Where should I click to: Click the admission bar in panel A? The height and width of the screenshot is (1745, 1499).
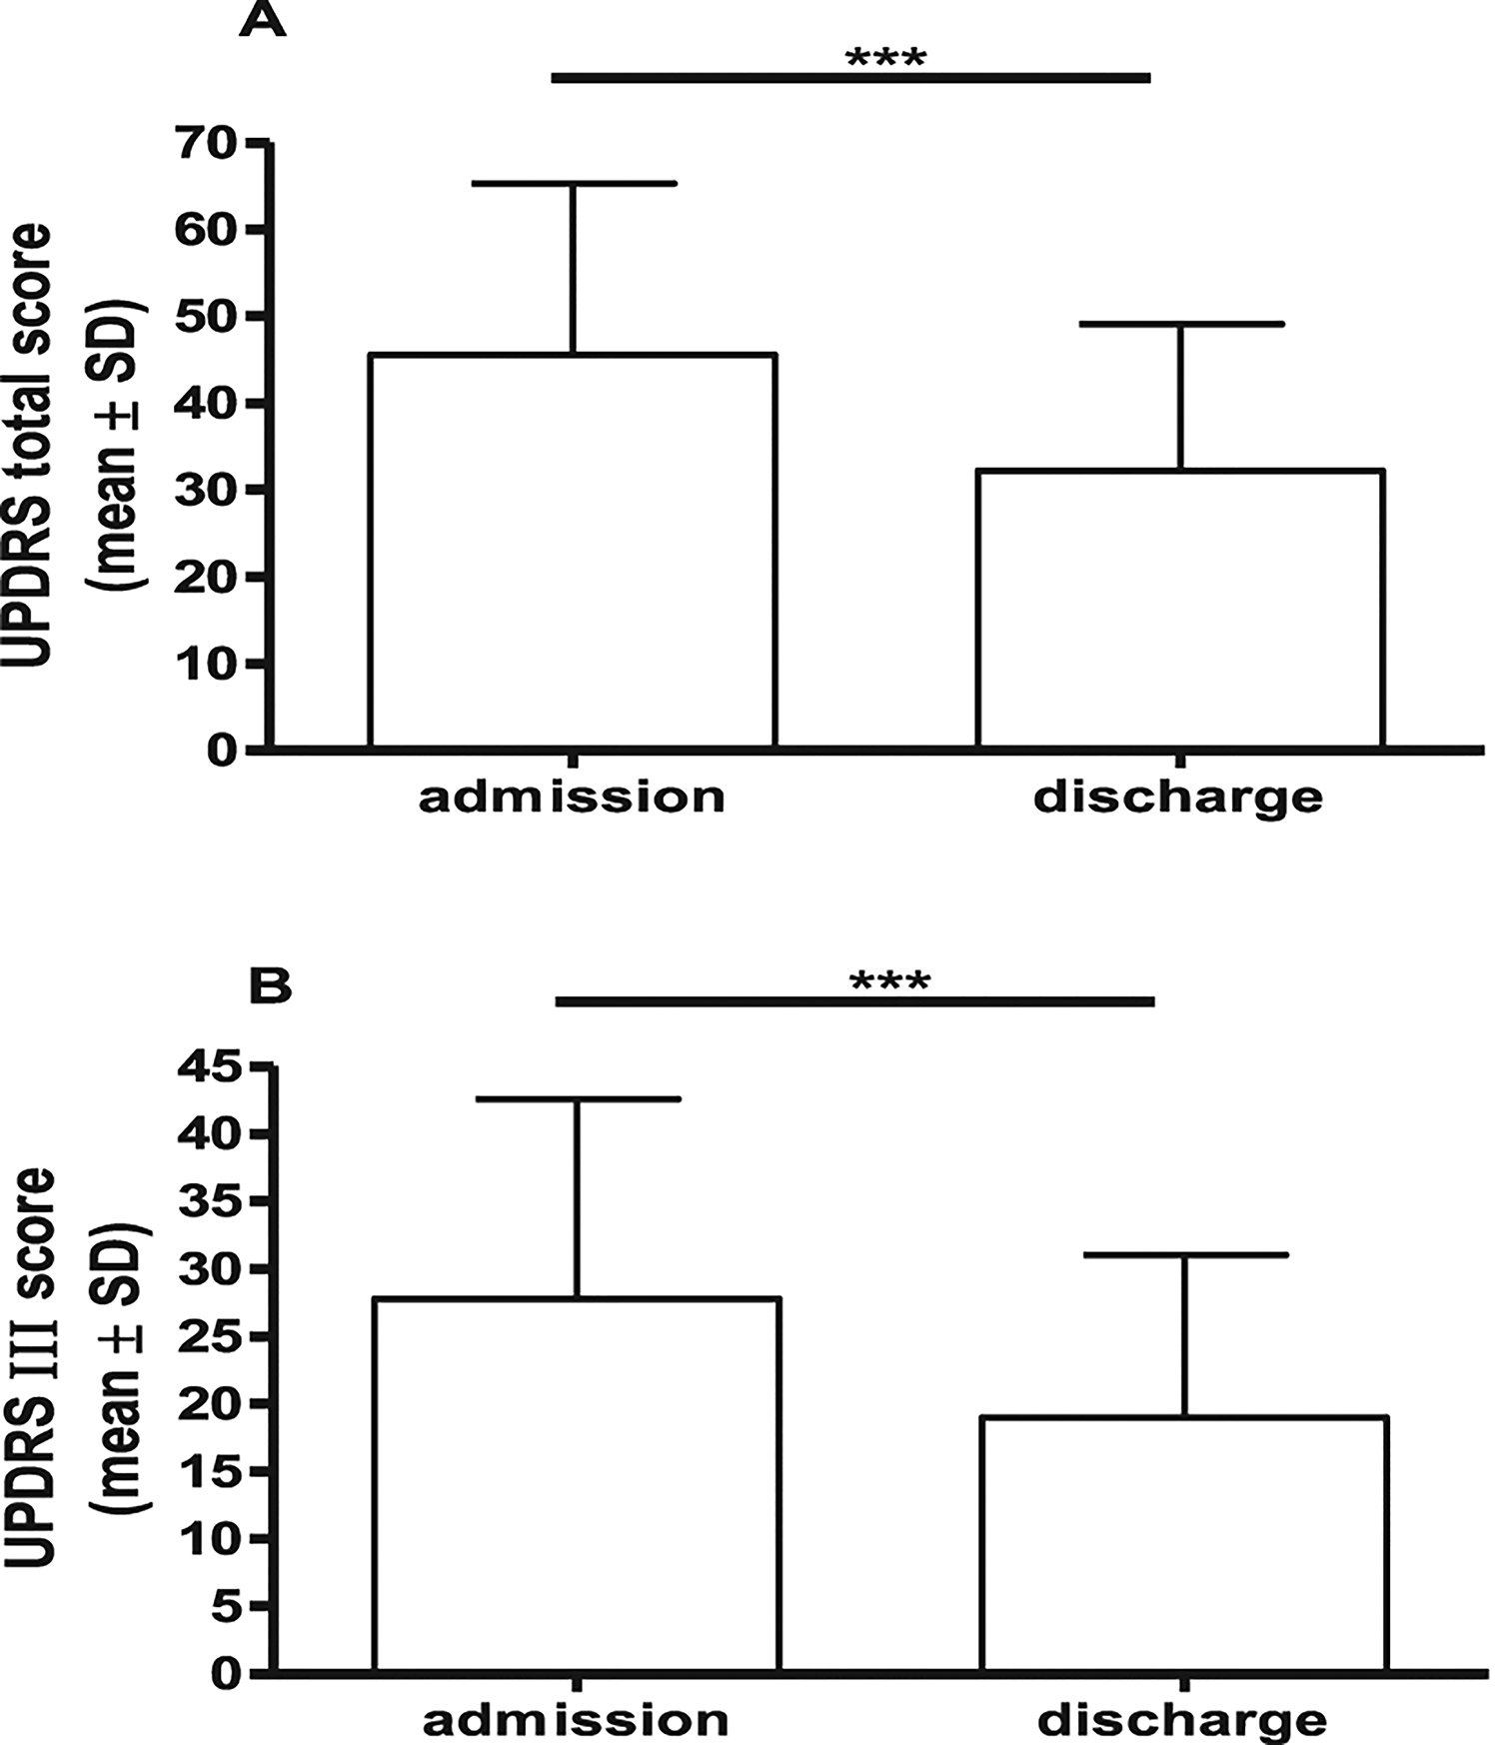573,550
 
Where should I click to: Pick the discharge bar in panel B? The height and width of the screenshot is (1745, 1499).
1184,1543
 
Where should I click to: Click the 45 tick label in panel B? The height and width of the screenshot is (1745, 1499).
210,1067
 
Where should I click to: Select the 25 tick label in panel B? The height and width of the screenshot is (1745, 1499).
210,1336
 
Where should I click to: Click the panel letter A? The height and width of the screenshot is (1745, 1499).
262,20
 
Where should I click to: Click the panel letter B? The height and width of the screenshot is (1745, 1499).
269,986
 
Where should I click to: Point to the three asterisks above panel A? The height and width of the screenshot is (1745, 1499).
885,58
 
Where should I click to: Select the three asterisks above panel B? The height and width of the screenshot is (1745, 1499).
889,980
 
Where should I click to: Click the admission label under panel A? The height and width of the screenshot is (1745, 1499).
572,798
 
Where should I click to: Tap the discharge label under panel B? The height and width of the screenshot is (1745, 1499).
1182,1721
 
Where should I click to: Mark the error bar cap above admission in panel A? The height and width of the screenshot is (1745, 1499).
575,184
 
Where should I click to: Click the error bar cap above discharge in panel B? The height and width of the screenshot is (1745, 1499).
1185,1254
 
